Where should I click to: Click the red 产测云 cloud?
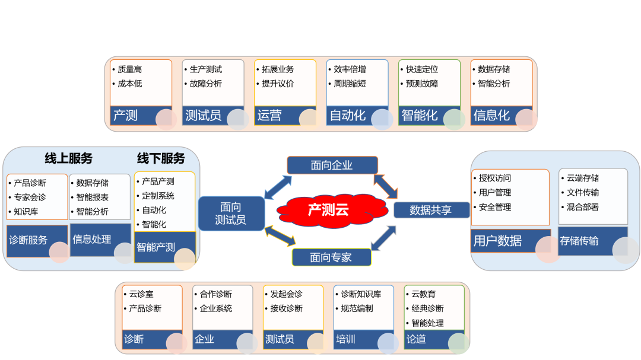click(328, 209)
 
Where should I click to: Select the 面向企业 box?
click(332, 165)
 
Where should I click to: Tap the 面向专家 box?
click(331, 257)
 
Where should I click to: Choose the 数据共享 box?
click(431, 209)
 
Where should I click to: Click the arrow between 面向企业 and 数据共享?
click(386, 186)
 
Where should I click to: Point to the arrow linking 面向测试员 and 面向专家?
click(280, 235)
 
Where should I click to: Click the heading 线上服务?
click(69, 158)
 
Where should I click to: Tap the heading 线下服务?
click(161, 158)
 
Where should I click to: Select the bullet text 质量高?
click(130, 69)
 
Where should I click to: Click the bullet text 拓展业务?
click(278, 69)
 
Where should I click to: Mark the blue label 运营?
click(270, 115)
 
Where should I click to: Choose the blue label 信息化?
click(491, 115)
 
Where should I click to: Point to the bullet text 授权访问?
click(495, 178)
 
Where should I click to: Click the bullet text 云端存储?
click(583, 178)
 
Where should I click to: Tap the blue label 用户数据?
click(498, 241)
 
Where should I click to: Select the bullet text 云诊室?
click(141, 294)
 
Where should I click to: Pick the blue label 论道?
click(417, 339)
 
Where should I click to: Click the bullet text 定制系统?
click(158, 196)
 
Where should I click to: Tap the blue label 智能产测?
click(156, 247)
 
